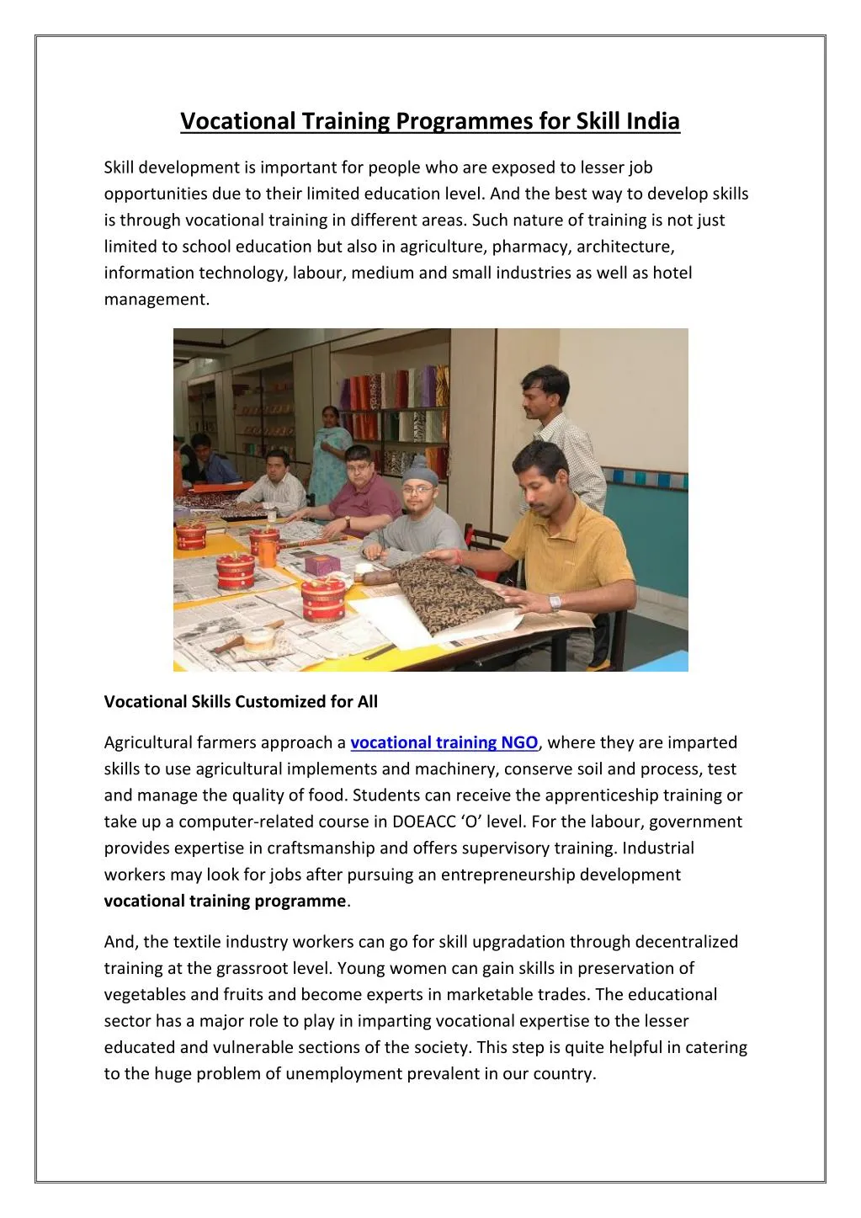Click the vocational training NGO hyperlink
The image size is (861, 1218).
(x=444, y=742)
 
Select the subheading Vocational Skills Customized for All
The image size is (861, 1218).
(x=241, y=701)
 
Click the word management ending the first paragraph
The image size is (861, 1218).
(x=156, y=299)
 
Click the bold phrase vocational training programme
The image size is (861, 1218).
(x=225, y=901)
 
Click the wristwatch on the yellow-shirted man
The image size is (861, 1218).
(x=554, y=602)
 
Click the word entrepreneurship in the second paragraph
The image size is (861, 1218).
(x=522, y=875)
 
